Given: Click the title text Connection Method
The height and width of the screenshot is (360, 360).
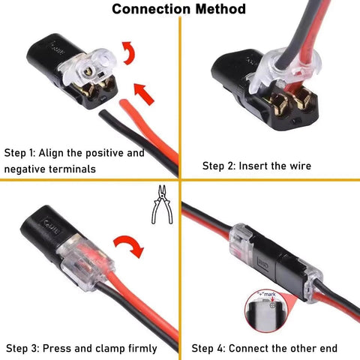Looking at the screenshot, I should point(180,10).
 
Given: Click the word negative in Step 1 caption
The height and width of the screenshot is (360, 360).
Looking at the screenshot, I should point(26,169).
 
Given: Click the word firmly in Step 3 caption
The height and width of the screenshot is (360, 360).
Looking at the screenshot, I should point(140,348).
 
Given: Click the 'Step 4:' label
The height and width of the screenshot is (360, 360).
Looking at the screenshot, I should point(208,348).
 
